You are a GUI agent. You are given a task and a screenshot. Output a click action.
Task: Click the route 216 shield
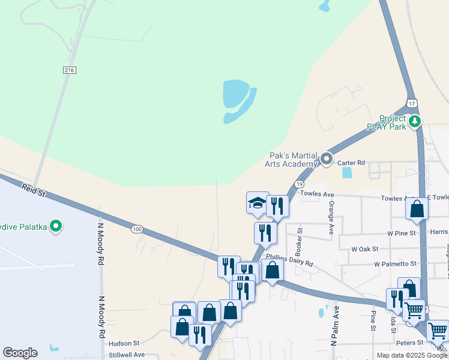point(70,70)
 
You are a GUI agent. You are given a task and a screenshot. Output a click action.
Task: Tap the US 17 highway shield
point(411,103)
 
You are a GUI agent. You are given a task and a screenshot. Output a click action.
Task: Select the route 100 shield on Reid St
point(137,229)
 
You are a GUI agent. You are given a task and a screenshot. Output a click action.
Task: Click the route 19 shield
point(298,184)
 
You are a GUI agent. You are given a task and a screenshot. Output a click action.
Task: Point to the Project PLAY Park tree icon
point(414,122)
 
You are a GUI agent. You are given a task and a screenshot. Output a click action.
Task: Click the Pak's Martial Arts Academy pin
point(327,159)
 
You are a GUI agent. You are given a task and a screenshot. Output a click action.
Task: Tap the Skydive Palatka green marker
point(56,226)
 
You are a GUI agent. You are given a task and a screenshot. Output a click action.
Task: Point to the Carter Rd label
point(351,163)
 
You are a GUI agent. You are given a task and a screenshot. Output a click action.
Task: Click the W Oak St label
point(365,248)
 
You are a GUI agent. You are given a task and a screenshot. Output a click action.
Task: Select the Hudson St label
point(124,344)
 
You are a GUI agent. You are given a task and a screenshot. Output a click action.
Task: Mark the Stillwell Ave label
point(127,355)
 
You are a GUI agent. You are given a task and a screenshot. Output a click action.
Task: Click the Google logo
point(20,353)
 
